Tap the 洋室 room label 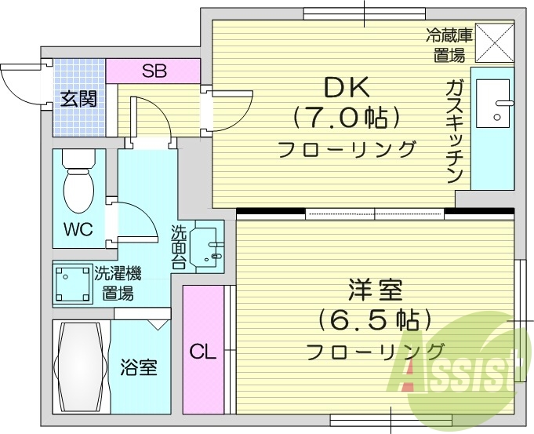(x=376, y=290)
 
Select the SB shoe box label (x=154, y=71)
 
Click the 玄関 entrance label (x=78, y=99)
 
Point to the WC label (x=78, y=229)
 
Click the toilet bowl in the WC (x=78, y=189)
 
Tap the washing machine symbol (x=71, y=283)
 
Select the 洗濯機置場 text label (x=118, y=283)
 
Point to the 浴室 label (x=139, y=367)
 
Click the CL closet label (x=202, y=352)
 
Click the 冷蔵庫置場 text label (x=450, y=45)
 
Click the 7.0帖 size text (x=347, y=119)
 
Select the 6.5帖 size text (x=376, y=320)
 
